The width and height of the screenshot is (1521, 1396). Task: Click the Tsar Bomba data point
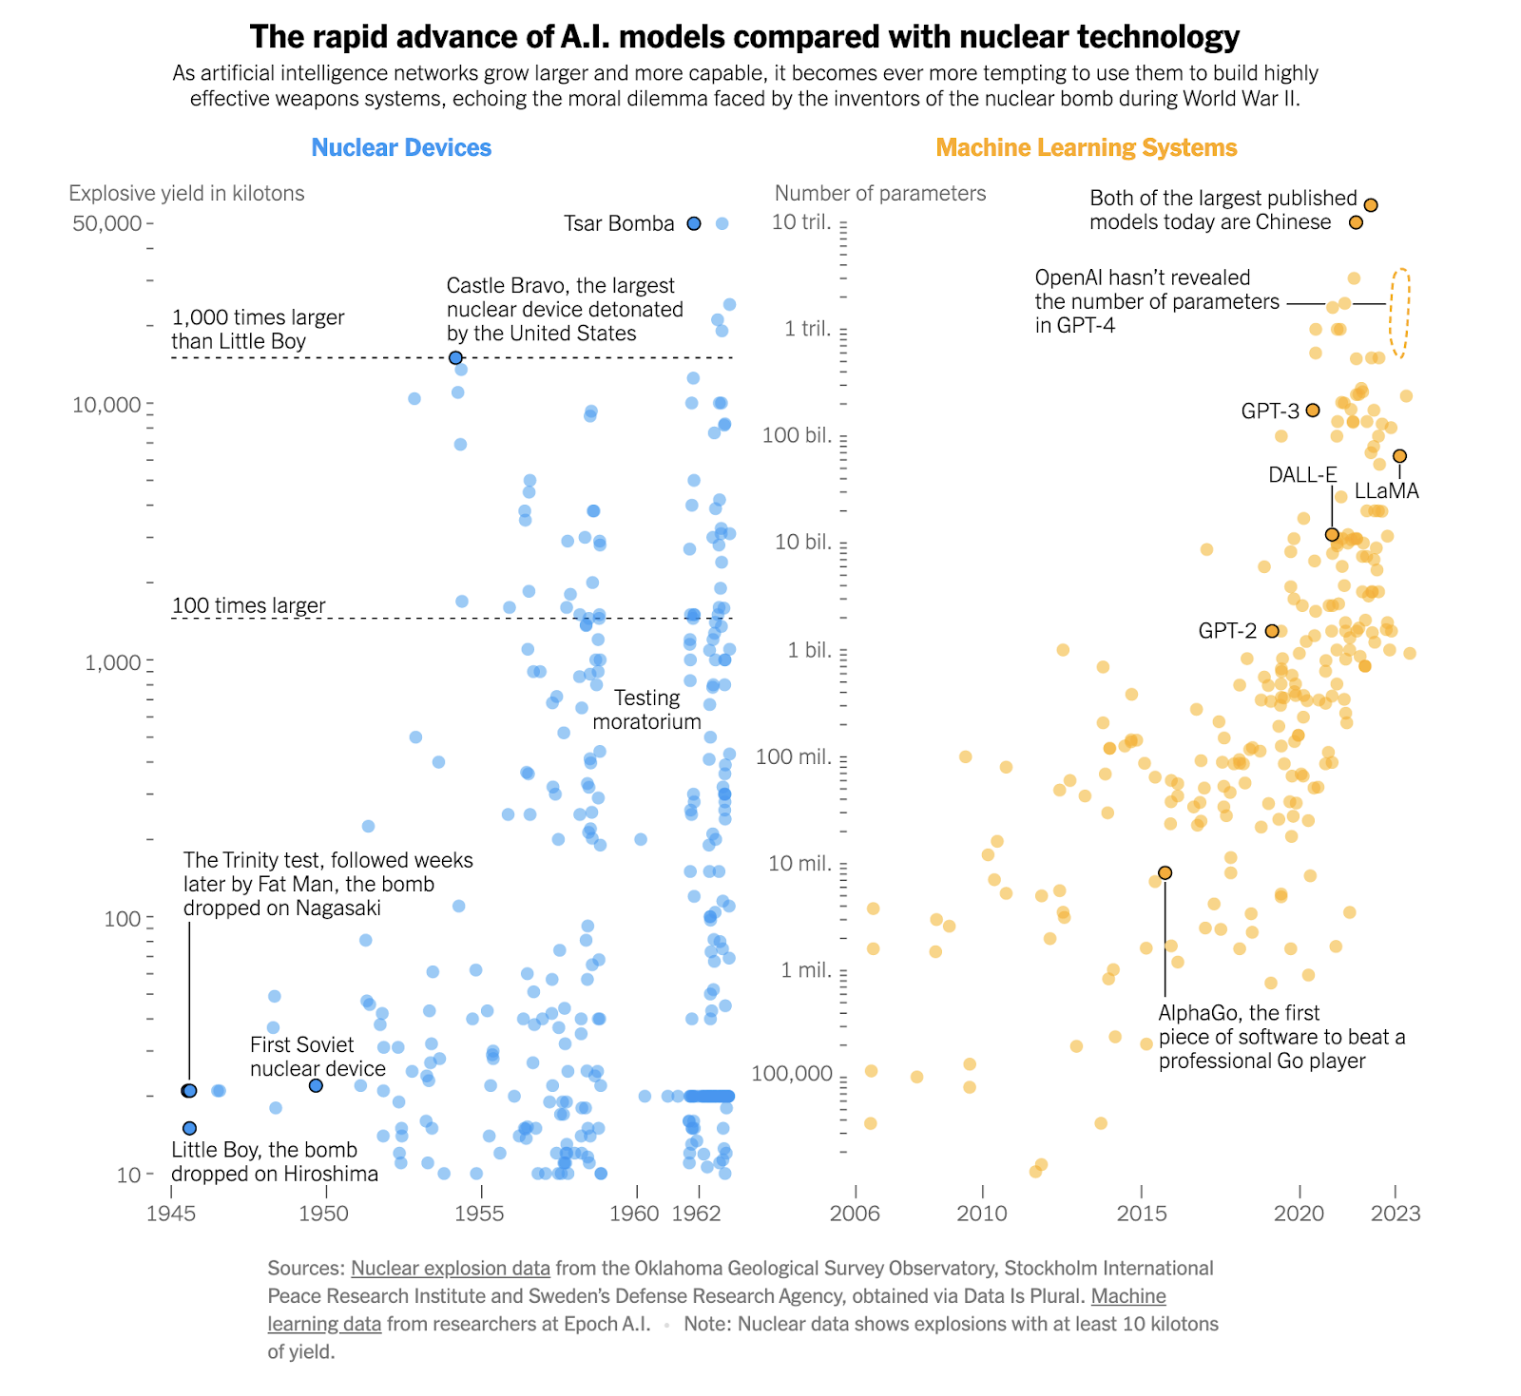(694, 223)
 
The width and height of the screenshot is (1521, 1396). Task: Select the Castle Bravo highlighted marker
(455, 357)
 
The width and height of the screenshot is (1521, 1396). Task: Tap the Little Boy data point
(189, 1128)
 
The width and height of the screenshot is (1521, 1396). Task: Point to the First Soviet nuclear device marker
(316, 1085)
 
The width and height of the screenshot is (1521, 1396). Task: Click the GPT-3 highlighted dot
(1313, 411)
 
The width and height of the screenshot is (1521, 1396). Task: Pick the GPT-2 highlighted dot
(1272, 631)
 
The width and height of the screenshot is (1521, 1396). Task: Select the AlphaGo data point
(1165, 872)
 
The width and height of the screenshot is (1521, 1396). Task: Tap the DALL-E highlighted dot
(1332, 535)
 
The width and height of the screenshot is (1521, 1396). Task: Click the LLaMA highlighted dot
(1399, 456)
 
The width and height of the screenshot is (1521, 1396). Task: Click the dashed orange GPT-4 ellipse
(1399, 314)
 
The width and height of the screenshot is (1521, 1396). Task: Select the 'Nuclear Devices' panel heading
(401, 147)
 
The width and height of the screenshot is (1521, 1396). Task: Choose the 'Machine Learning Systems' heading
(1086, 147)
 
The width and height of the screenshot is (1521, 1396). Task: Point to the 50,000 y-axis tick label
(106, 223)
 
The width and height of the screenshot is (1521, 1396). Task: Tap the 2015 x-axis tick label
(1141, 1214)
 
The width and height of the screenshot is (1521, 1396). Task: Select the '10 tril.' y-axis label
(800, 222)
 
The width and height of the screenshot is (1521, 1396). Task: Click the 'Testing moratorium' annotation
(646, 710)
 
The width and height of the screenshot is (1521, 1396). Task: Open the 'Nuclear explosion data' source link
(451, 1268)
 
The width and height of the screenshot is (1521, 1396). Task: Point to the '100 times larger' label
(248, 605)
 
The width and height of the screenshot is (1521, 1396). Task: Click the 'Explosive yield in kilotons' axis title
(186, 193)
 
